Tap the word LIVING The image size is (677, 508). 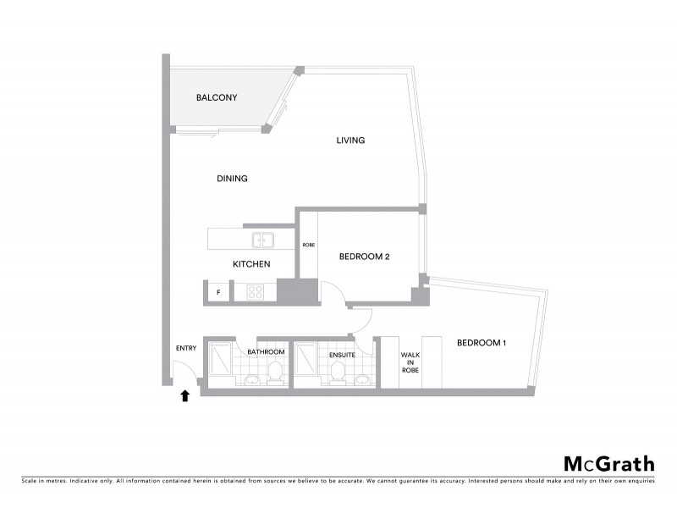tap(350, 141)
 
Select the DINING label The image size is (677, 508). tap(232, 179)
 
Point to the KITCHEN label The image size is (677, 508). tap(251, 264)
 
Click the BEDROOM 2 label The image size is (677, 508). tap(364, 257)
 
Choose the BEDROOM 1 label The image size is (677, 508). tap(481, 343)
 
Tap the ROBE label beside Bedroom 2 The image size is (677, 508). tap(309, 245)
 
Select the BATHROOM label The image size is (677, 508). tap(266, 352)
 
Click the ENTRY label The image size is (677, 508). tap(186, 348)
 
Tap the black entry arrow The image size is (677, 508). tap(185, 395)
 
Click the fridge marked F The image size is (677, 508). tap(219, 293)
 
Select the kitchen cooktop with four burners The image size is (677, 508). tap(256, 293)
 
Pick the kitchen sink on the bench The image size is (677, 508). tap(261, 239)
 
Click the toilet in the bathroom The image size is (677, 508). tap(275, 372)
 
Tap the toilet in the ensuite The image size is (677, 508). tap(339, 371)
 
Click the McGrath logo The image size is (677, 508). tap(609, 463)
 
